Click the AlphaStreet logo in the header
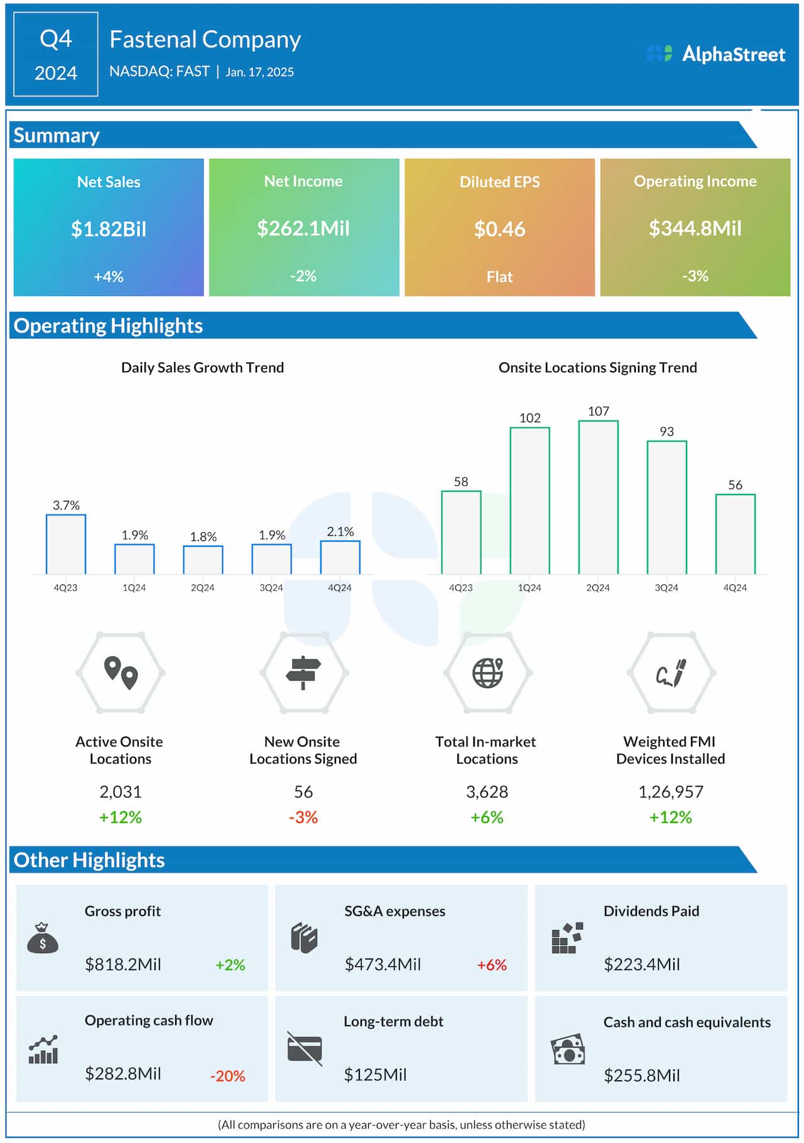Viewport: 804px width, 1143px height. coord(715,54)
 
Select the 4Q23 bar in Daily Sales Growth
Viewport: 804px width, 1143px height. coord(66,544)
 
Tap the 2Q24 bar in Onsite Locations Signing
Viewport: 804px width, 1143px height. coord(598,497)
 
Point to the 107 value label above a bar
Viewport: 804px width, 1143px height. coord(598,411)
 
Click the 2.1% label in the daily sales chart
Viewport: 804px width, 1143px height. coord(340,532)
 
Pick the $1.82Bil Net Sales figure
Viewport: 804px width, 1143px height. coord(109,229)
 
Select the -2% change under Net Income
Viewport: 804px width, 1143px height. coord(303,276)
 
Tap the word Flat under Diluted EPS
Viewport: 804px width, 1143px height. coord(499,276)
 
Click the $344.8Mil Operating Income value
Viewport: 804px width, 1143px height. coord(695,228)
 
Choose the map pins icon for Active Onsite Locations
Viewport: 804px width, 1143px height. coord(121,673)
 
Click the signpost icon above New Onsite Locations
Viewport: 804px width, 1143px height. coord(303,672)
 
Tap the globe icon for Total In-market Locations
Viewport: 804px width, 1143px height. coord(488,672)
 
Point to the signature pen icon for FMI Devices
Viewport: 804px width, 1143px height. coord(671,673)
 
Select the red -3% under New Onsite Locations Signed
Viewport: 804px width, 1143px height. coord(303,817)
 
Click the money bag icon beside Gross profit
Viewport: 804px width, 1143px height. coord(43,938)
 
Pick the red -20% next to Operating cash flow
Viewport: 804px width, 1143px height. coord(227,1076)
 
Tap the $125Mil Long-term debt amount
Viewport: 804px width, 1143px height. coord(375,1075)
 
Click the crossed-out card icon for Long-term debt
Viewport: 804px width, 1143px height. coord(305,1049)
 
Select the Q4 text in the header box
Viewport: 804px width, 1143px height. coord(56,39)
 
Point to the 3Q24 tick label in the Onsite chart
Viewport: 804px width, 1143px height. coord(666,588)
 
